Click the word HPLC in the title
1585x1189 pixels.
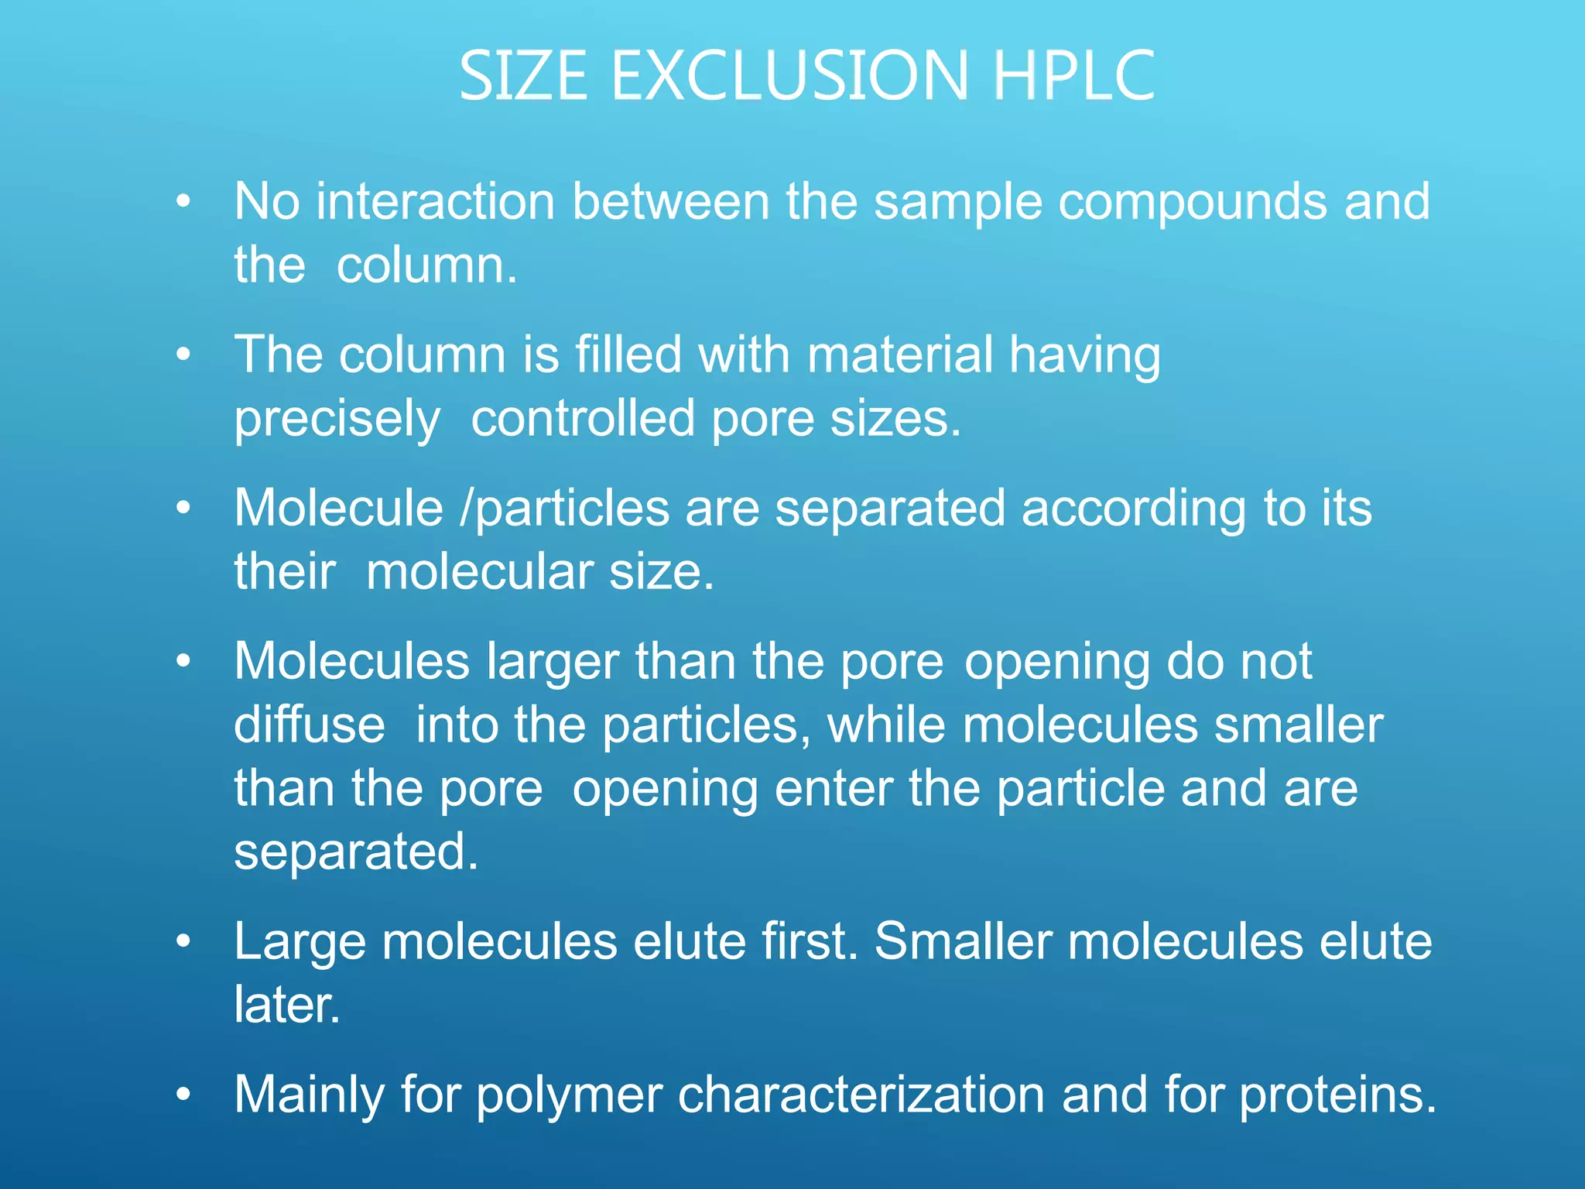pos(1073,76)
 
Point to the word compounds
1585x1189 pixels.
pos(1192,203)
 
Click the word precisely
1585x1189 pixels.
pos(337,420)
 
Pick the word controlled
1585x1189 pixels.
pos(583,418)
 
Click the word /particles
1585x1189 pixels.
pos(564,509)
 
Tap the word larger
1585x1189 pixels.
pos(553,663)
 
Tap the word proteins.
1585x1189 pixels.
pos(1338,1096)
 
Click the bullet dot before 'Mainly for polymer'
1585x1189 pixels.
pos(183,1095)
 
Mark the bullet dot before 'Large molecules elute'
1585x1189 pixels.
pos(183,941)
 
